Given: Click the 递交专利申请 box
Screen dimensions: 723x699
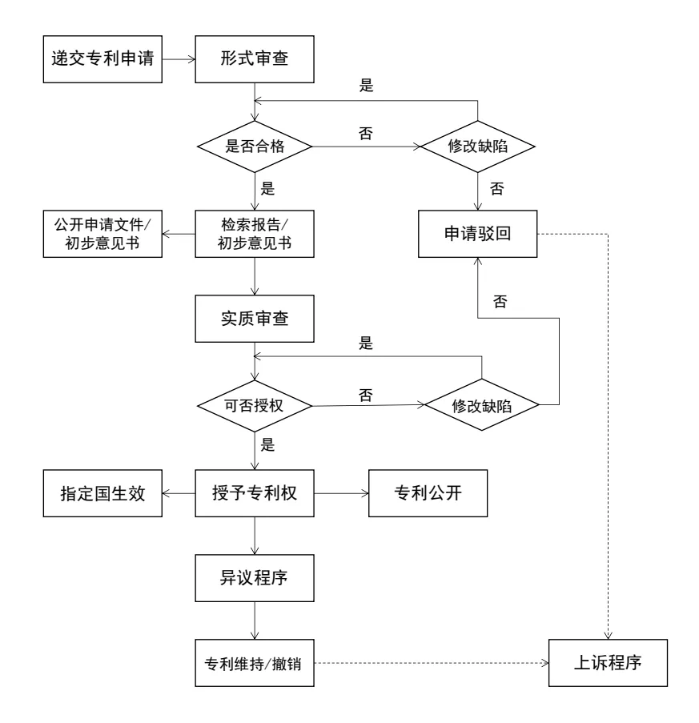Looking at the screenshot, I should click(x=102, y=59).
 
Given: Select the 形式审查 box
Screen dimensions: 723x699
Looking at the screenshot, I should click(x=254, y=59).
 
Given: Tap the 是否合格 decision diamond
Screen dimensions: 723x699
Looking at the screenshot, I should click(x=254, y=147).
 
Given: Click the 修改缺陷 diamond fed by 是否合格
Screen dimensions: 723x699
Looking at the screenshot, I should click(x=478, y=147).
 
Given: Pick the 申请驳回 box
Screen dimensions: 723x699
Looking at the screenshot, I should click(x=478, y=235).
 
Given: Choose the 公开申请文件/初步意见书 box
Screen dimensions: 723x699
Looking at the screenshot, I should click(x=102, y=235).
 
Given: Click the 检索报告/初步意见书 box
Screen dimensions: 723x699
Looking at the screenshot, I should click(x=254, y=235).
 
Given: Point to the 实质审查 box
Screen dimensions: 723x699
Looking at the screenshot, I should click(x=254, y=319).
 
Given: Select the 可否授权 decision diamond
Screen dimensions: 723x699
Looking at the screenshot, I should click(x=254, y=406).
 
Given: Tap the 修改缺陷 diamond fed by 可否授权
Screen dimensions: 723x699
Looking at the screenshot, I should click(x=481, y=406).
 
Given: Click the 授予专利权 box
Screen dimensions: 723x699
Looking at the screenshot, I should click(x=254, y=493).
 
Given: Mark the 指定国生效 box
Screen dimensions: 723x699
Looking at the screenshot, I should click(x=102, y=493).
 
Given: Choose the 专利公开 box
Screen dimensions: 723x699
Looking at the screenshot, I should click(x=427, y=493).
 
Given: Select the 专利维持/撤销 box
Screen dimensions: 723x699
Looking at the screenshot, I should click(x=254, y=664).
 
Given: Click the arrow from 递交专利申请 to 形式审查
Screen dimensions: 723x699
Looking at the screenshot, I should click(x=179, y=59).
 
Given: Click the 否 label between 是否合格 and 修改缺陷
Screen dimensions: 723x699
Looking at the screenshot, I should click(x=366, y=134).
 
